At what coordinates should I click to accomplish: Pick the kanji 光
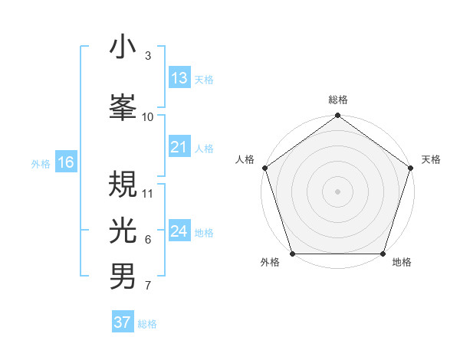123,227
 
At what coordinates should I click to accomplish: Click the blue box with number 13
179,78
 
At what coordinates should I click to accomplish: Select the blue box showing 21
179,147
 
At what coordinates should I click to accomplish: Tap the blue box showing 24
179,231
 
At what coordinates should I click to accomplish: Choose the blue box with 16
66,162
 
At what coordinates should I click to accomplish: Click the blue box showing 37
123,322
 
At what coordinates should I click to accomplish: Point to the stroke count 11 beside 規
148,193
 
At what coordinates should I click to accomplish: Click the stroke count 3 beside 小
148,56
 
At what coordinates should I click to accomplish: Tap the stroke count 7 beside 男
148,286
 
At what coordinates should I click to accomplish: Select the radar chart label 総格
338,100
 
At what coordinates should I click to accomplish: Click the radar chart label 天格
431,159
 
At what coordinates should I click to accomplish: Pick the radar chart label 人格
245,159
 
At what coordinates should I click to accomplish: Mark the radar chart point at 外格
292,254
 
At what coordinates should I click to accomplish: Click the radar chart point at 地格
383,254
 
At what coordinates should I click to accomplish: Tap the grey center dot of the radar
338,191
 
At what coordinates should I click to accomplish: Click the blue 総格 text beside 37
147,324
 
